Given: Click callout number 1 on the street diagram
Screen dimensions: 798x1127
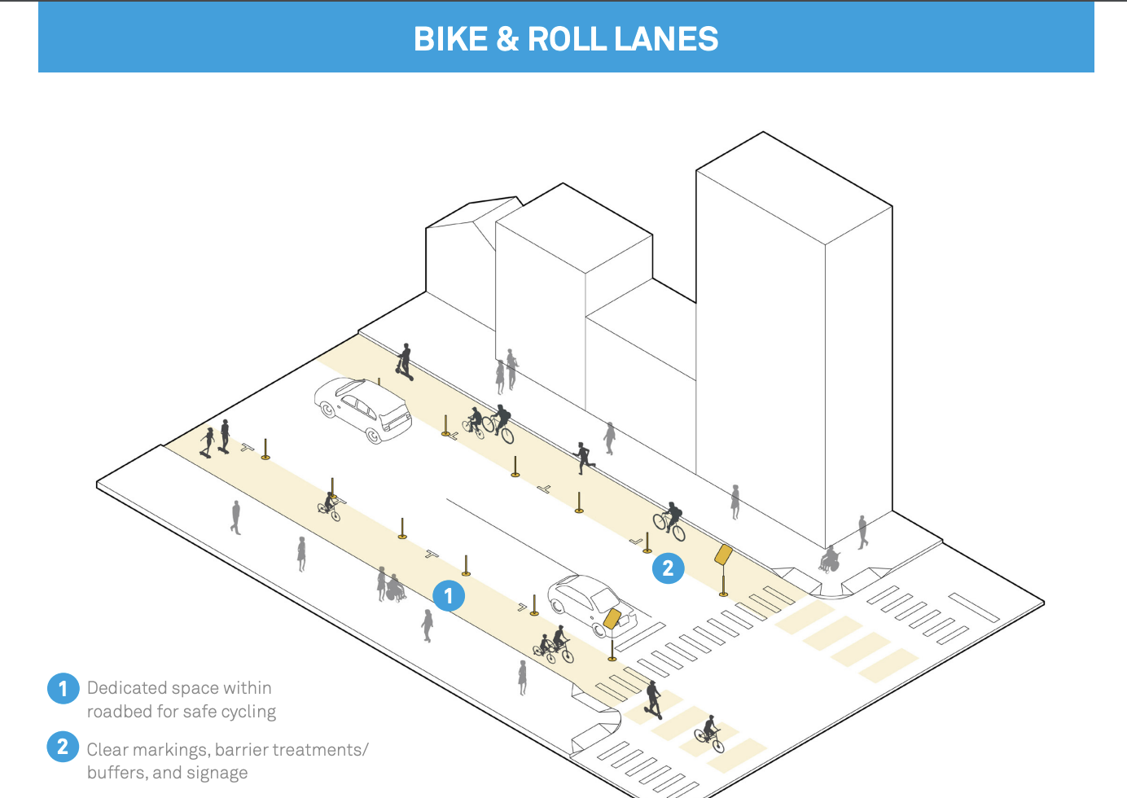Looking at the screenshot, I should [449, 595].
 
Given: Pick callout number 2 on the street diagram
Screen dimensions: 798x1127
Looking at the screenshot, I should [668, 568].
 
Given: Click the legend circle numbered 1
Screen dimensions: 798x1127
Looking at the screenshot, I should [63, 688].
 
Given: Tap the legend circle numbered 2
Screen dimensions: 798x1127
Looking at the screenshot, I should [63, 747].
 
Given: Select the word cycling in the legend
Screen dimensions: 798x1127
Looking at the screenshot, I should [248, 712].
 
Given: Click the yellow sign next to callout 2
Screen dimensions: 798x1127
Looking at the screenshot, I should [723, 555].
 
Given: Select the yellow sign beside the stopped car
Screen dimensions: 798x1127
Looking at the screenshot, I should [612, 618].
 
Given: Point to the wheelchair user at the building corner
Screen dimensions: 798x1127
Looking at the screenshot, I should [830, 559].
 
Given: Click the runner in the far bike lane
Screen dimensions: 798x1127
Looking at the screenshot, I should [583, 458].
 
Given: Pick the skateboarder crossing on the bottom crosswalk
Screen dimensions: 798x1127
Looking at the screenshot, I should [653, 699].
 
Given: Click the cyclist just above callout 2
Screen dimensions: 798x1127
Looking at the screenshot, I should [670, 521].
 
